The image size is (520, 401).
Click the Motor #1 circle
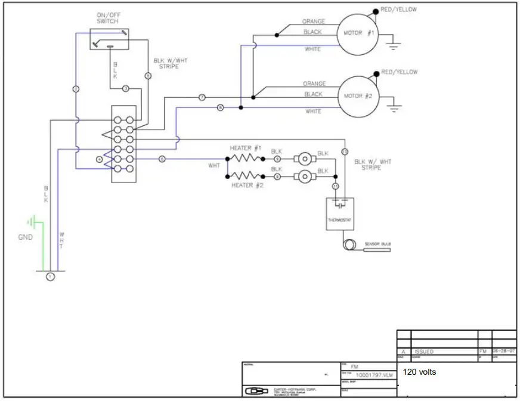pos(358,33)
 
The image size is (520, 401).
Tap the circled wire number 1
pos(50,276)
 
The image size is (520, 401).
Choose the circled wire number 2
pos(76,90)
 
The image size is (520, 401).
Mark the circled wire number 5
pos(148,76)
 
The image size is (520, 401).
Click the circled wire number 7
pos(202,97)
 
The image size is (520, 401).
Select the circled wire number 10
pos(344,152)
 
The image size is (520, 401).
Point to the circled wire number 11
pos(335,187)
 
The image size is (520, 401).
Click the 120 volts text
pos(420,372)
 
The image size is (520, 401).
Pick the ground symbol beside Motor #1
pos(392,44)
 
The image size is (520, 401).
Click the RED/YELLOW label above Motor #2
pos(400,72)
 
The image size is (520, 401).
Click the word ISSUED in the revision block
pos(422,351)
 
